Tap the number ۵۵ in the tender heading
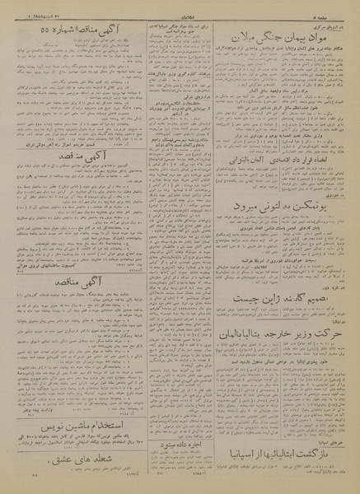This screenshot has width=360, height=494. [x=30, y=30]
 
